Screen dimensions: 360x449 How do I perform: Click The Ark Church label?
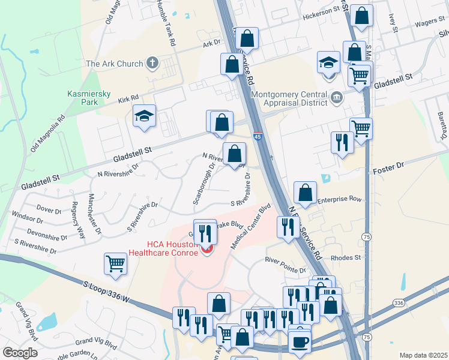click(115, 64)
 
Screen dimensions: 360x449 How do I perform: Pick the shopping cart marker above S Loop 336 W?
click(115, 263)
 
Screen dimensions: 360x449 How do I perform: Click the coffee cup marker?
click(300, 341)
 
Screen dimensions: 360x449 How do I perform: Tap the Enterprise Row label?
click(340, 199)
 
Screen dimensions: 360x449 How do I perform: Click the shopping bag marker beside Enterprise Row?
click(306, 193)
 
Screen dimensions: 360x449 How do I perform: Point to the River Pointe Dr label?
click(286, 265)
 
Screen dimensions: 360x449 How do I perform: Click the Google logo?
click(19, 353)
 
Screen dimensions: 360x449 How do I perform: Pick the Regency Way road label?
click(78, 212)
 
